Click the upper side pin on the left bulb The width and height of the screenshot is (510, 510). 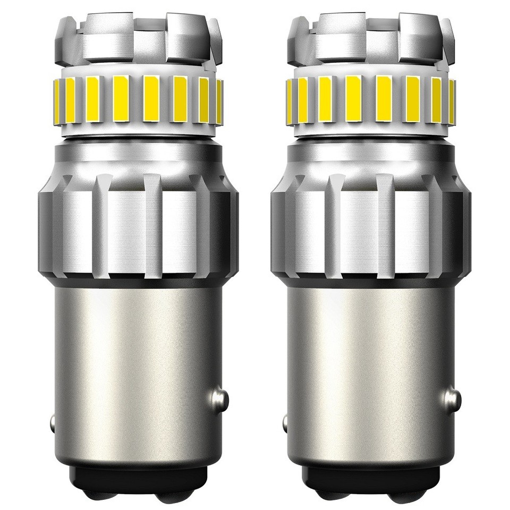pyautogui.click(x=219, y=397)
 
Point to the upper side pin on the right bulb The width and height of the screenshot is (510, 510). pyautogui.click(x=452, y=397)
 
